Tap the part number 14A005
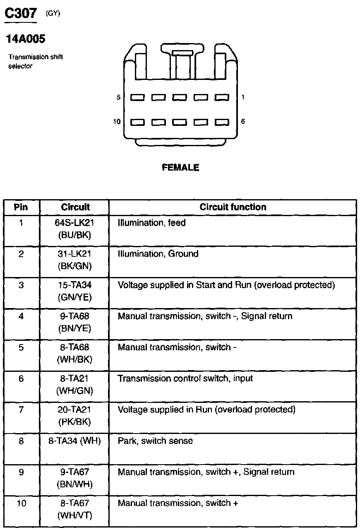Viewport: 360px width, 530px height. click(25, 39)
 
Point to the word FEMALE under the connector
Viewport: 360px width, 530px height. click(180, 168)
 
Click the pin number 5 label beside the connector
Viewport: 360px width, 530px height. click(118, 98)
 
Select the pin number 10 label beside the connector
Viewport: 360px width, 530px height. click(117, 122)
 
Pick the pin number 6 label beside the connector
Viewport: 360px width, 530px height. click(243, 122)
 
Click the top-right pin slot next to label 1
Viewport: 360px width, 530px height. click(222, 98)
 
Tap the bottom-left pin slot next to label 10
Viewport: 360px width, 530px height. click(137, 122)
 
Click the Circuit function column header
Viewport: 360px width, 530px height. click(233, 207)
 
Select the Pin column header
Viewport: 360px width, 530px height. click(21, 207)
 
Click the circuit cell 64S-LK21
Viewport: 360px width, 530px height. click(74, 223)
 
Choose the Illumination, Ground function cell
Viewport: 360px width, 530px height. click(158, 254)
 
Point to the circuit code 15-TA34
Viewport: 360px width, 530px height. click(74, 285)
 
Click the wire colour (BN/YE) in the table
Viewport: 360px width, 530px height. click(74, 329)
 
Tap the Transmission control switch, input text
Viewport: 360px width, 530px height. click(185, 378)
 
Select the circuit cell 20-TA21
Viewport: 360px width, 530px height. click(74, 410)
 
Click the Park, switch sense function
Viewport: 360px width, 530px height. click(155, 441)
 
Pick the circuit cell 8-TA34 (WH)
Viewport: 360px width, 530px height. click(74, 441)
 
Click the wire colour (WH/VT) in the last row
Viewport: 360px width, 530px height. click(74, 516)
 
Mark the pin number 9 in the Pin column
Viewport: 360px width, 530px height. click(21, 472)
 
